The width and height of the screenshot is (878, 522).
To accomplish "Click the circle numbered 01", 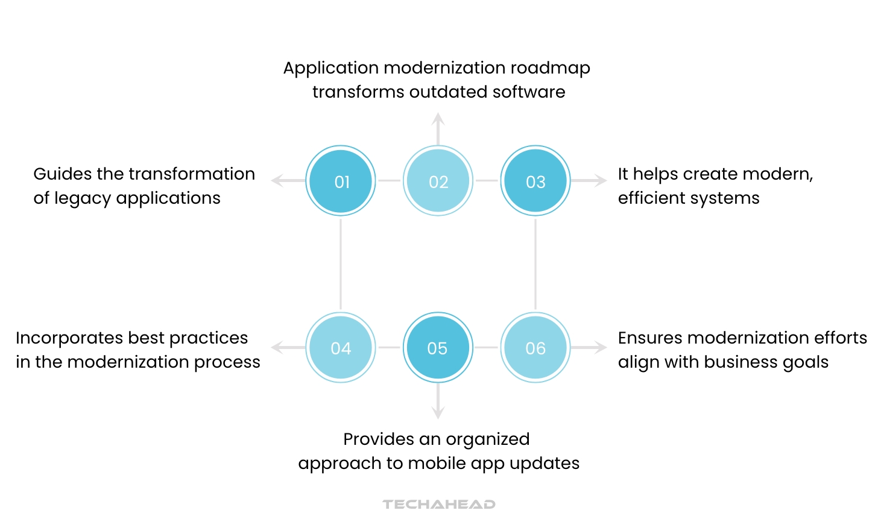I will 341,181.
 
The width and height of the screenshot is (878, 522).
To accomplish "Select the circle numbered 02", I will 438,181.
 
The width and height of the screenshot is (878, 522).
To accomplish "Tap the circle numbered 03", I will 535,181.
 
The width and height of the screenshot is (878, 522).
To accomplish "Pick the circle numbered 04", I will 341,348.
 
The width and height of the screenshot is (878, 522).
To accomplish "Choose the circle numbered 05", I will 438,348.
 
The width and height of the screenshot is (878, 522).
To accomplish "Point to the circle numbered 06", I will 535,348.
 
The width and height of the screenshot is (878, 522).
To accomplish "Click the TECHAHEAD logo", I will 438,504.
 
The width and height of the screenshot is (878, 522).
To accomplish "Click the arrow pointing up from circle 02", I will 438,128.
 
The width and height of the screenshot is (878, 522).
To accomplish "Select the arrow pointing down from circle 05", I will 438,401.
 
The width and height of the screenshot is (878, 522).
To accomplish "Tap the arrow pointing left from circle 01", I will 287,180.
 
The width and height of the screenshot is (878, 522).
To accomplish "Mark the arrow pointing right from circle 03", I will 589,180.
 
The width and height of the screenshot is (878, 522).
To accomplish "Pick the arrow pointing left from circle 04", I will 287,347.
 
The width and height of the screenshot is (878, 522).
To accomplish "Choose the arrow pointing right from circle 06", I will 589,347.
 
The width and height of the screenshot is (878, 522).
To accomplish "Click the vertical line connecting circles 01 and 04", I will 341,264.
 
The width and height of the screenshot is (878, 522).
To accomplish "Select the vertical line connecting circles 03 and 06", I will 535,264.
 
